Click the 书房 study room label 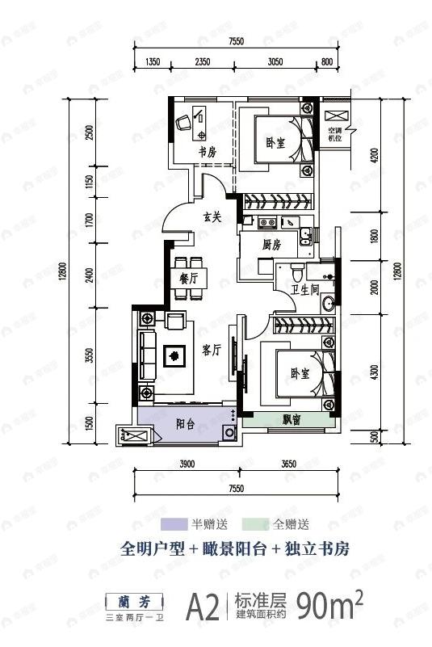pyautogui.click(x=208, y=151)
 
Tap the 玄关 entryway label pyautogui.click(x=212, y=216)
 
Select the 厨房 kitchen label pyautogui.click(x=271, y=245)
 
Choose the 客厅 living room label pyautogui.click(x=212, y=350)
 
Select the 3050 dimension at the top pyautogui.click(x=275, y=61)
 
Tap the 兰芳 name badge pyautogui.click(x=134, y=600)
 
